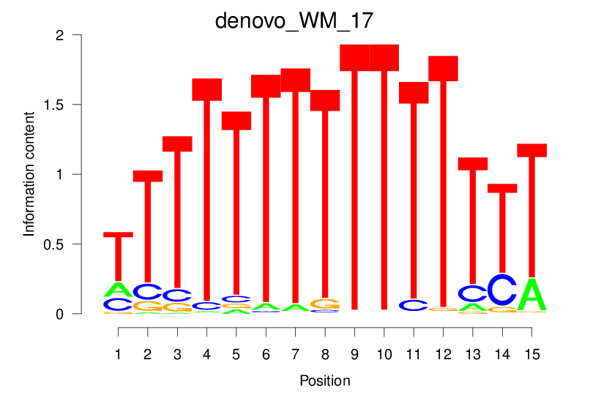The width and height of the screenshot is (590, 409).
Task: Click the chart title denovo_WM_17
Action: (294, 20)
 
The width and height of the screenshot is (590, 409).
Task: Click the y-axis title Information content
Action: (29, 173)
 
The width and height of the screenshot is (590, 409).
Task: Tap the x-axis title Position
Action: (324, 381)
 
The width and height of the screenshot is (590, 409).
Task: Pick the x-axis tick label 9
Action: (354, 354)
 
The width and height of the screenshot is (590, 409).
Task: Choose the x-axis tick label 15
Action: (531, 354)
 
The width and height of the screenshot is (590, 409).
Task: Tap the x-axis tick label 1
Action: (118, 354)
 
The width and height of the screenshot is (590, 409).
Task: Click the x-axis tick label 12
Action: (443, 354)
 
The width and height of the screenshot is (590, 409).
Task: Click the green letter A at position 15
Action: (532, 295)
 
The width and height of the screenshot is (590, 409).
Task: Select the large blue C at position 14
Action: (502, 290)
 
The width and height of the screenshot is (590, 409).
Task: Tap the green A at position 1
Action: (118, 289)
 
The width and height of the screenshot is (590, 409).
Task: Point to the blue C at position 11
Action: (414, 305)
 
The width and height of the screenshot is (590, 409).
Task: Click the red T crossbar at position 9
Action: (354, 58)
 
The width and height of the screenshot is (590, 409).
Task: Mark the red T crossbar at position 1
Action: (118, 235)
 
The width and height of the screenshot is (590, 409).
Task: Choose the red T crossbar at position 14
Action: (502, 188)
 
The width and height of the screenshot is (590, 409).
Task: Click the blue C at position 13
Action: (473, 293)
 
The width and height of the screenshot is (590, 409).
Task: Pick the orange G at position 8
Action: (325, 304)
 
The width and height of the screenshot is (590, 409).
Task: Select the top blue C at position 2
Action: (148, 291)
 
